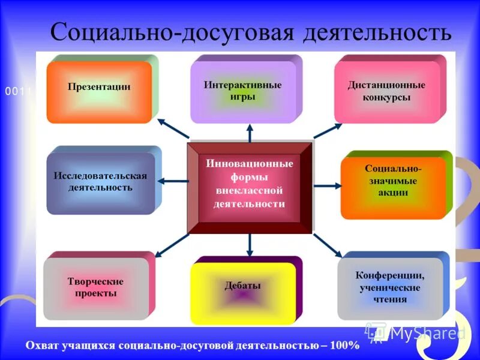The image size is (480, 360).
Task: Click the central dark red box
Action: pos(250,187)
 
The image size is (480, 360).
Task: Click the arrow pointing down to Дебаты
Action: pos(250,244)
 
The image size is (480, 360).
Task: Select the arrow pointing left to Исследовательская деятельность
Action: pos(175,181)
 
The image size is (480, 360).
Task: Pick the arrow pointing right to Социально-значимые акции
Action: pos(327,185)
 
